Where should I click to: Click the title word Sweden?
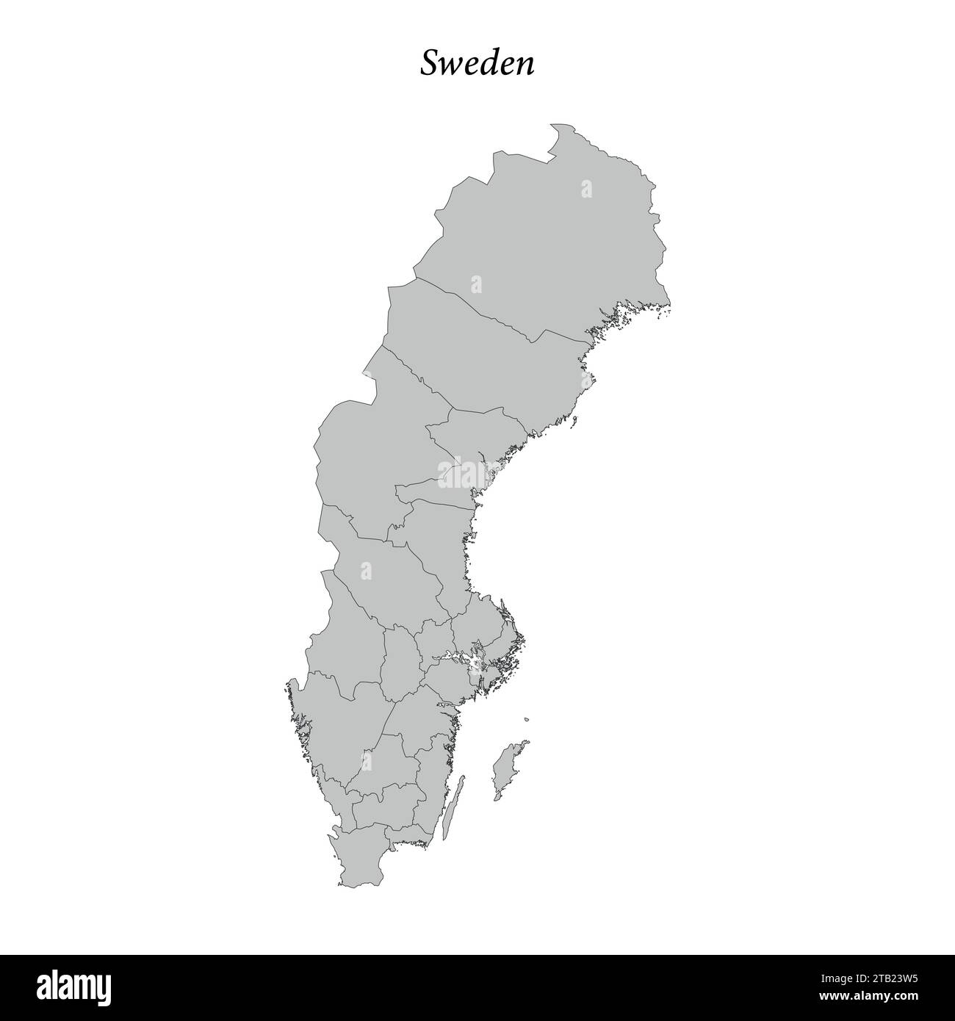tap(477, 64)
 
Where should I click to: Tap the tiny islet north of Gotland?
tap(527, 718)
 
